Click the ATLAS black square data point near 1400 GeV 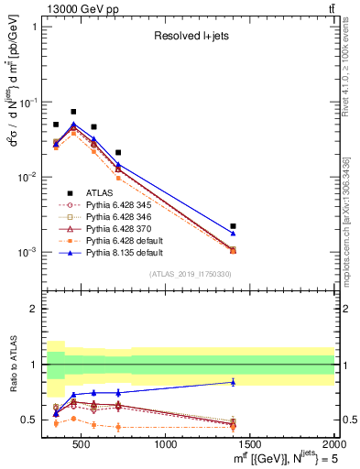[234, 225]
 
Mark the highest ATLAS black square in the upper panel [73, 112]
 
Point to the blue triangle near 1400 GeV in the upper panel [234, 234]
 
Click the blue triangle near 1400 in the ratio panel [234, 382]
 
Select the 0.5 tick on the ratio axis [37, 420]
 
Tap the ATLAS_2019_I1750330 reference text [189, 274]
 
